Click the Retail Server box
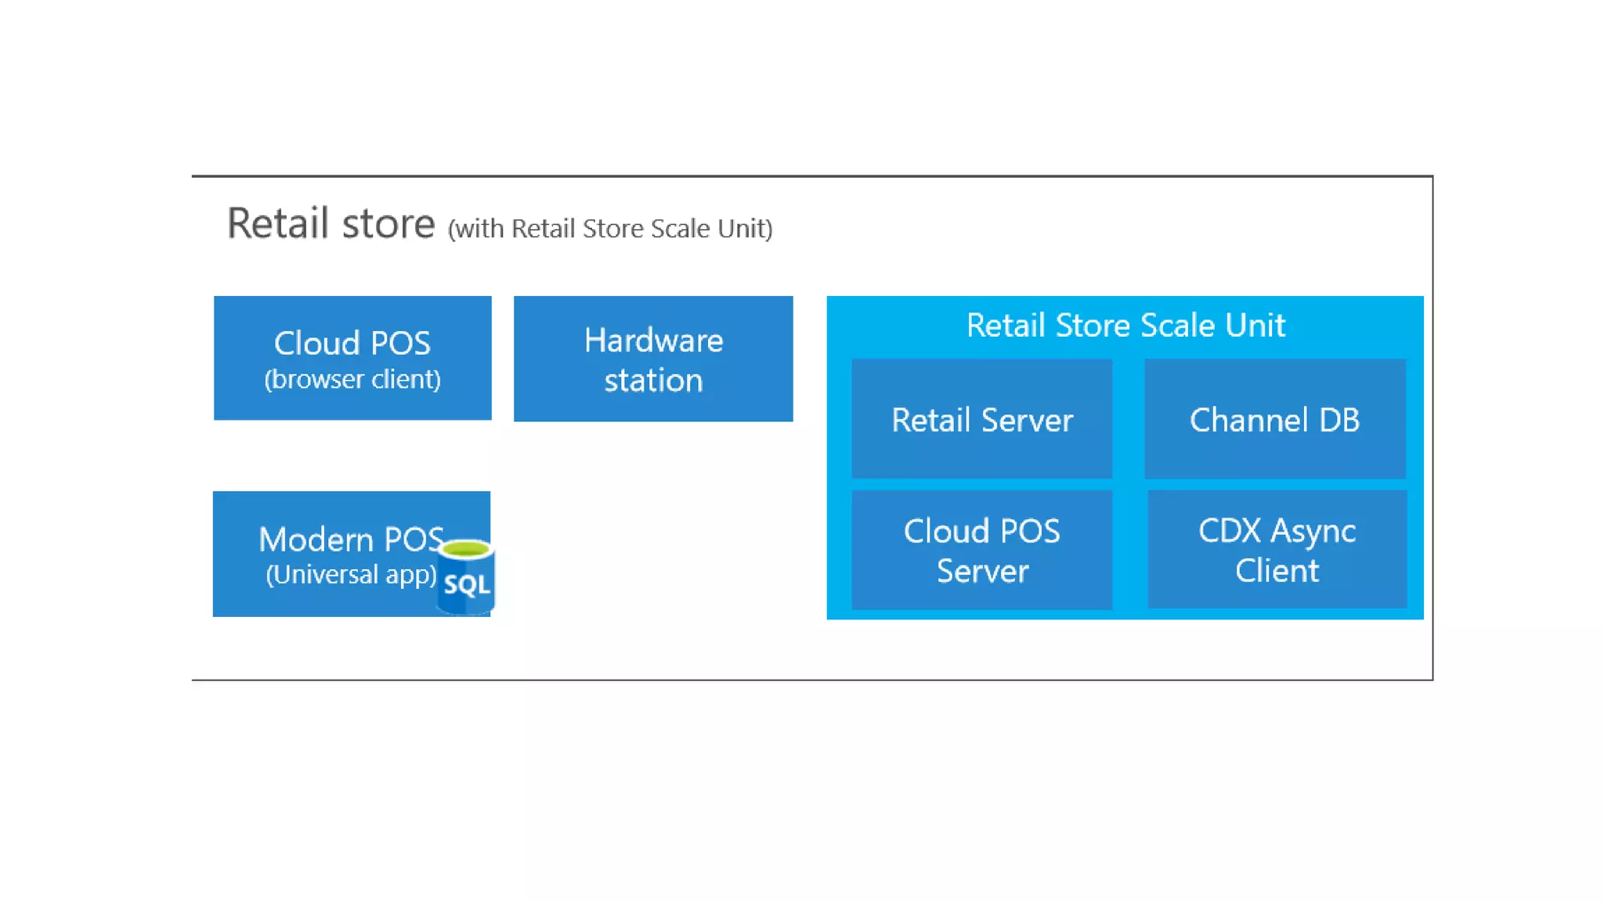coord(981,420)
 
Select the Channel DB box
coord(1274,420)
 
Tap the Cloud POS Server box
coord(981,550)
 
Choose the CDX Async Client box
coord(1277,550)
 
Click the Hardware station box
coord(653,359)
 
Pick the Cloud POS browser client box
coord(352,358)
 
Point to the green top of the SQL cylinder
coord(467,549)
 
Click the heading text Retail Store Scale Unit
coord(1125,326)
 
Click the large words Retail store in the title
coord(331,224)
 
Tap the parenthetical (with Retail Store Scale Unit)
coord(610,229)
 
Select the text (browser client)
coord(352,380)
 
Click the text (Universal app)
coord(351,575)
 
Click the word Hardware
coord(653,341)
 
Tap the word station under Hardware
coord(653,381)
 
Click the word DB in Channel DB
coord(1338,420)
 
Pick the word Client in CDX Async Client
coord(1277,571)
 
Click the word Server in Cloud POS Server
coord(982,572)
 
